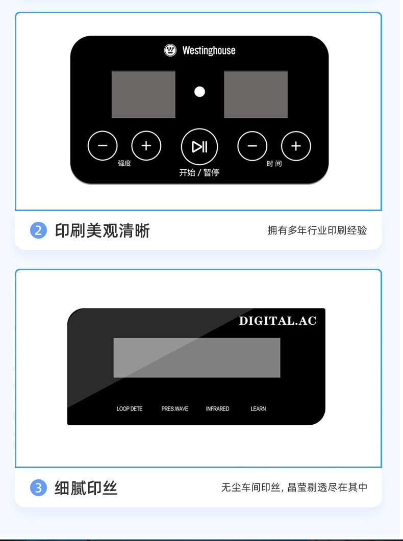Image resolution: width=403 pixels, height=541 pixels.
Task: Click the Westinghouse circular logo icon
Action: tap(170, 50)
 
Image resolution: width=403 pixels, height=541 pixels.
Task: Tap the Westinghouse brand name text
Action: tap(209, 50)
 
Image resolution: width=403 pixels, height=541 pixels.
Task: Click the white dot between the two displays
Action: tap(199, 92)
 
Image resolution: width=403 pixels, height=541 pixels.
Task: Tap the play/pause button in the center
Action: tap(199, 147)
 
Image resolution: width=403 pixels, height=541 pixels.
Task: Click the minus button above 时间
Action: tap(252, 146)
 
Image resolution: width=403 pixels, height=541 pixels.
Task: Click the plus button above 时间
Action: tap(296, 146)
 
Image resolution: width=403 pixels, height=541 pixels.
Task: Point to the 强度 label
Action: tap(124, 163)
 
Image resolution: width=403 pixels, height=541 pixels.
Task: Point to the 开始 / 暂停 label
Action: tap(199, 172)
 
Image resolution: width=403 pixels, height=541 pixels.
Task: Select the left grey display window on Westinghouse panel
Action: tap(143, 94)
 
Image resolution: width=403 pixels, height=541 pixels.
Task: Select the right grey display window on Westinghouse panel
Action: tap(256, 94)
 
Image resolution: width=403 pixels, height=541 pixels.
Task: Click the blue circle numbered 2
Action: tap(38, 230)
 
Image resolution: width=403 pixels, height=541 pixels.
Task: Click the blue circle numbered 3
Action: tap(38, 488)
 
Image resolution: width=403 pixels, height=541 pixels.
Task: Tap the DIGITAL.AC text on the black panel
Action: tap(278, 321)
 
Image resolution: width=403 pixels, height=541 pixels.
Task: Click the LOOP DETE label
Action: tap(130, 408)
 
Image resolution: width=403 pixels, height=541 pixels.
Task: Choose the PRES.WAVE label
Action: tap(174, 408)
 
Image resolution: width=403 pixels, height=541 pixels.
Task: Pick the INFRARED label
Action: tap(217, 408)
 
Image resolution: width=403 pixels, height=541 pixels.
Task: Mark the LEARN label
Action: tap(258, 408)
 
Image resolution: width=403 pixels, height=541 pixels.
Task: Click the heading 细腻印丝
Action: tap(86, 488)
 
